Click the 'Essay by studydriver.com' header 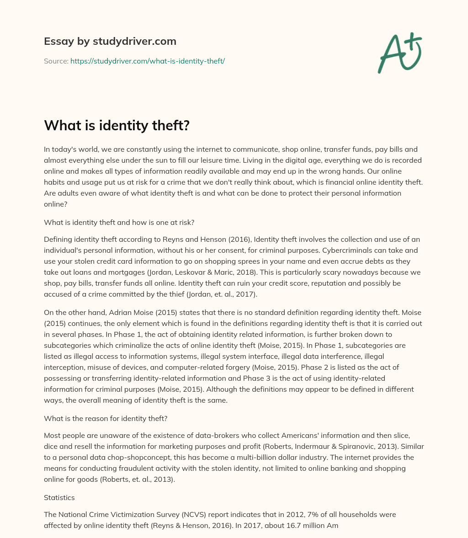pyautogui.click(x=110, y=41)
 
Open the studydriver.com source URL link pyautogui.click(x=147, y=61)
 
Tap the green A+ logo pyautogui.click(x=399, y=53)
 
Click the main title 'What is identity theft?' pyautogui.click(x=117, y=126)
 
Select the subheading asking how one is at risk pyautogui.click(x=119, y=223)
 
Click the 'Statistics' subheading pyautogui.click(x=59, y=497)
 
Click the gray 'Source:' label pyautogui.click(x=56, y=61)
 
